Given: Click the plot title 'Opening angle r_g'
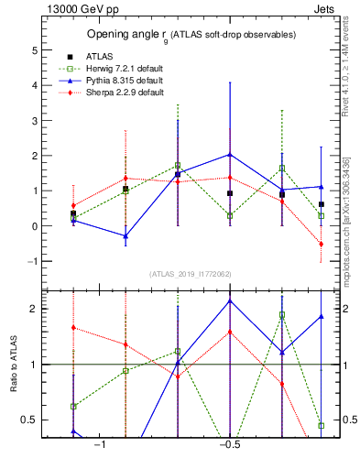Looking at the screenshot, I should pyautogui.click(x=191, y=35).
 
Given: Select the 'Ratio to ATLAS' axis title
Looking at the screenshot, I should pyautogui.click(x=13, y=364).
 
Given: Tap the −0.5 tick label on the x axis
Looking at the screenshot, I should pyautogui.click(x=229, y=445).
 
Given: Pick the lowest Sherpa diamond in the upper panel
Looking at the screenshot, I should pyautogui.click(x=322, y=244).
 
